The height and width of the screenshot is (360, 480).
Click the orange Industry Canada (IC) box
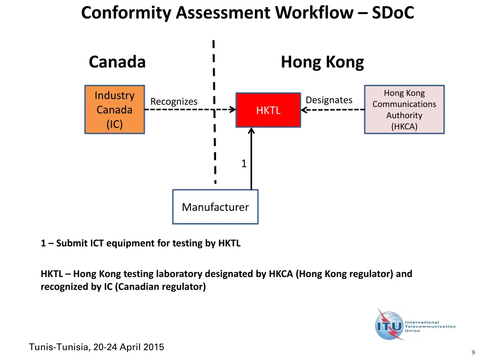(114, 110)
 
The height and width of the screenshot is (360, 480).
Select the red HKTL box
(268, 110)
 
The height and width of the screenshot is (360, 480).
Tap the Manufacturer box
(215, 207)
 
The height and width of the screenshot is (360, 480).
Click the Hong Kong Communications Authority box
(404, 110)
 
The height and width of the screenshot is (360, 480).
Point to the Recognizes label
(174, 102)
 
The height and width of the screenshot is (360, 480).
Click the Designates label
(329, 100)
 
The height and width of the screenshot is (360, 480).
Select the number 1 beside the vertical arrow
(244, 164)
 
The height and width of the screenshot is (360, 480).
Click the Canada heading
(117, 62)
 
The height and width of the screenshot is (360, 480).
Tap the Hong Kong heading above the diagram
(322, 62)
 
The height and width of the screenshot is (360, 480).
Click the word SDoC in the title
(393, 13)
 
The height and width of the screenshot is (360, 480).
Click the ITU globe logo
(389, 324)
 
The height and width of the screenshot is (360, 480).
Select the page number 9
(473, 352)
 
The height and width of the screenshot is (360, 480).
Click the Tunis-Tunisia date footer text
(97, 347)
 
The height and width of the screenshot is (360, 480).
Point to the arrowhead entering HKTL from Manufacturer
(251, 131)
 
